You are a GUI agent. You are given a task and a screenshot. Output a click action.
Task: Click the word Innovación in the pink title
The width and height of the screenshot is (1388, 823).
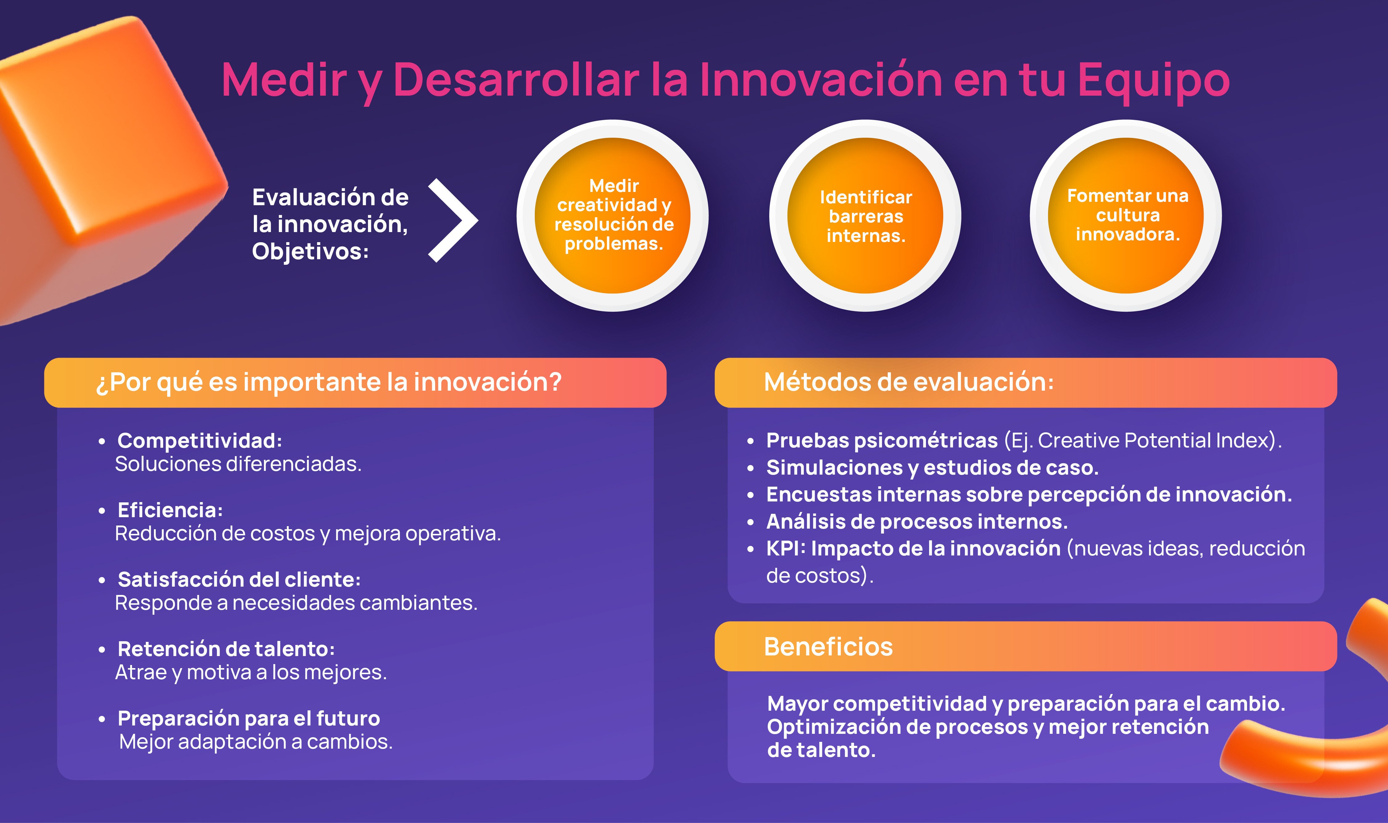pos(820,81)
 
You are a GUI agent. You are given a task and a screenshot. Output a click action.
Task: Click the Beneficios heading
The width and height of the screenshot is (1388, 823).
pos(828,647)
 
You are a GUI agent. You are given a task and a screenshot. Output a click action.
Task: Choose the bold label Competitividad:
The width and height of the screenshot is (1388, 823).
pos(200,441)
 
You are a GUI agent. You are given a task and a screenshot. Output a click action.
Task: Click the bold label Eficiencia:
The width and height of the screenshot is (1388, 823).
pos(170,510)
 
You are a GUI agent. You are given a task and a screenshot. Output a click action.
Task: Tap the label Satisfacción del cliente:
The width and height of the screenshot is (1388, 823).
pos(239,580)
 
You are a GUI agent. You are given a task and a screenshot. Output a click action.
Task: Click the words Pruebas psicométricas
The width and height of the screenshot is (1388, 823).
pos(881,440)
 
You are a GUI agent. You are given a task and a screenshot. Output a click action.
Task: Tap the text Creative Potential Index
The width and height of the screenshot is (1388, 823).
pos(1153,440)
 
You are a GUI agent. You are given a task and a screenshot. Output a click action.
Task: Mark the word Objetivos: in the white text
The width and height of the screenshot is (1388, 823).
pos(310,251)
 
